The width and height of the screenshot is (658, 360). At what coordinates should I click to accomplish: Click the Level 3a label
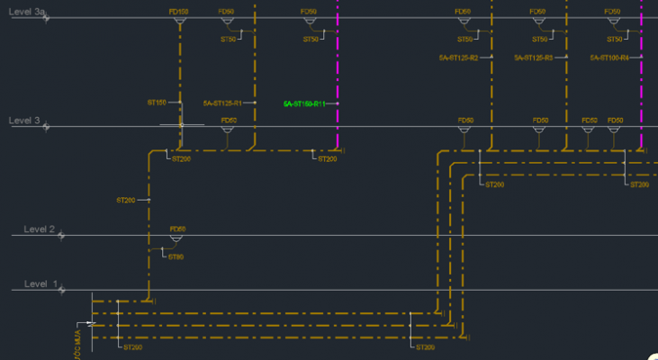[x=27, y=12]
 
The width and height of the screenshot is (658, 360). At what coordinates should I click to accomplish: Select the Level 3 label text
[x=24, y=121]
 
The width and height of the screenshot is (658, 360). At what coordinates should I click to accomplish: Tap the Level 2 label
[x=40, y=229]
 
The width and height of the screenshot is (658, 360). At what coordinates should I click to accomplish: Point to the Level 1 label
[x=41, y=284]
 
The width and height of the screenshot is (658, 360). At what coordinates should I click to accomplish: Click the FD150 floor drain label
[x=178, y=12]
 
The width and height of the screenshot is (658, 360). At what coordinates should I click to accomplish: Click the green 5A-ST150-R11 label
[x=303, y=104]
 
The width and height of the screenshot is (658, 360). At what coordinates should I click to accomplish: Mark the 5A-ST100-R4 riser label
[x=608, y=58]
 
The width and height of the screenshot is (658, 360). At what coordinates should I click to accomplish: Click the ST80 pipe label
[x=176, y=257]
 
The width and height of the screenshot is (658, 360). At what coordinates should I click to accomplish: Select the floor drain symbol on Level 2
[x=176, y=238]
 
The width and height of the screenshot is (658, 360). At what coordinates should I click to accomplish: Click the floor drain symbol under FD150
[x=179, y=22]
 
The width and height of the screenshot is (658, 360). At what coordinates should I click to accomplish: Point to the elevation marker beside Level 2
[x=62, y=236]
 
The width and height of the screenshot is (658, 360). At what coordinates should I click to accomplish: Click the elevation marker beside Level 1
[x=61, y=290]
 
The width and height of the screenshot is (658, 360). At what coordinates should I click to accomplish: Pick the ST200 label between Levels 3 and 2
[x=125, y=200]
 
